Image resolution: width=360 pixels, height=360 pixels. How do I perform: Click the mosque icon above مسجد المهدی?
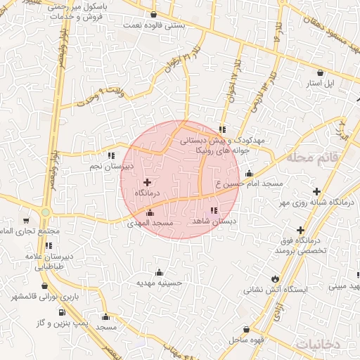click(x=149, y=213)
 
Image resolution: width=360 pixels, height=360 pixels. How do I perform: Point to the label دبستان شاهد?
click(x=213, y=220)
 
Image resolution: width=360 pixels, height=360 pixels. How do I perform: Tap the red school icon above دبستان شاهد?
click(x=214, y=210)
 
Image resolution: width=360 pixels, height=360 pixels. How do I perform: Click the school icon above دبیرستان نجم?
click(x=110, y=156)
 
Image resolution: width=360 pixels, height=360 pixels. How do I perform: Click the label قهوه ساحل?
click(x=245, y=340)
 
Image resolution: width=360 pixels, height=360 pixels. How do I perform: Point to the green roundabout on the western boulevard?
click(x=46, y=212)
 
